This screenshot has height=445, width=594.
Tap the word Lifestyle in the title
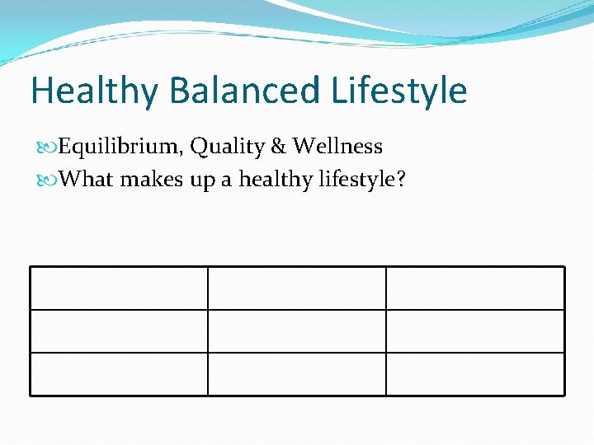399,91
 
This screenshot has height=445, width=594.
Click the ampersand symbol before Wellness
278,147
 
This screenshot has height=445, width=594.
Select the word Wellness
337,147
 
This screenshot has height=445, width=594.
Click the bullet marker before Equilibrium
48,148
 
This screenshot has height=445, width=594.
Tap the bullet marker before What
48,179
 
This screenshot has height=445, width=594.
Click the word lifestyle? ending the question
361,179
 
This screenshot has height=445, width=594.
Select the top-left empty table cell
119,288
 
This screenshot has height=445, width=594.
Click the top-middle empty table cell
296,288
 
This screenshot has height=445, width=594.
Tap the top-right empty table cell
475,288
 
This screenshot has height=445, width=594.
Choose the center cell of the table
296,331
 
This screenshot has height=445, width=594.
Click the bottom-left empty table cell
119,374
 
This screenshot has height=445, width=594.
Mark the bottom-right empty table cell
475,374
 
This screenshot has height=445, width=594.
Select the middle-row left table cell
119,331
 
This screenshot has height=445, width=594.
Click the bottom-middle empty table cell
296,374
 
